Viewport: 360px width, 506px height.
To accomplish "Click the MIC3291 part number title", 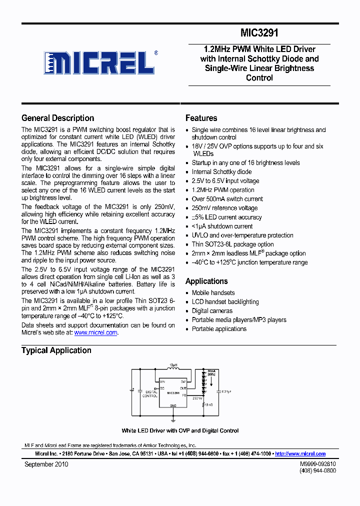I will pos(259,33).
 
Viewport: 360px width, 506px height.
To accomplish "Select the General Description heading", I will pos(57,118).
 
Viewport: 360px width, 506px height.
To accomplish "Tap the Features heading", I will pos(201,118).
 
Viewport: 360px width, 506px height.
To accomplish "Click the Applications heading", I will pos(206,281).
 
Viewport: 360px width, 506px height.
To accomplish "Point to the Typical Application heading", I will pos(56,350).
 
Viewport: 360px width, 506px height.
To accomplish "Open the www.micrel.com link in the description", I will pos(95,332).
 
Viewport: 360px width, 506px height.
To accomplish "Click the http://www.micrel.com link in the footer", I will pos(300,454).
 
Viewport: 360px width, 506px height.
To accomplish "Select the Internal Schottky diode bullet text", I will pos(221,172).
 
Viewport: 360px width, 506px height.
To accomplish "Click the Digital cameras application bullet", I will pos(212,311).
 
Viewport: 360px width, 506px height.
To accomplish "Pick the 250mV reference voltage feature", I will pos(224,208).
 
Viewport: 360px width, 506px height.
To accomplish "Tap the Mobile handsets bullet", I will pos(213,293).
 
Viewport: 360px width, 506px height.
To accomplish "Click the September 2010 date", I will pos(46,464).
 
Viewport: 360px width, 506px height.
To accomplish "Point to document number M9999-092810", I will pos(318,464).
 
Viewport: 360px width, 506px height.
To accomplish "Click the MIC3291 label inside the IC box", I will pos(173,393).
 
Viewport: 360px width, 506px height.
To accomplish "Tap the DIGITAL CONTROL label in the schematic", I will pos(150,394).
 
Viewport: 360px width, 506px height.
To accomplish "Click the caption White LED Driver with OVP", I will pos(180,430).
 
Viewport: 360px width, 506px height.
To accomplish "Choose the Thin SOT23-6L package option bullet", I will pos(232,244).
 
